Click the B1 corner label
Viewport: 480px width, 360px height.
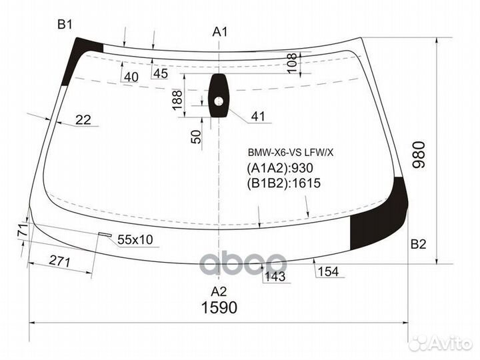pyautogui.click(x=64, y=25)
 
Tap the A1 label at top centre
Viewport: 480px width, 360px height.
pyautogui.click(x=220, y=31)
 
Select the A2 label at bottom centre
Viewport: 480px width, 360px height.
pyautogui.click(x=219, y=291)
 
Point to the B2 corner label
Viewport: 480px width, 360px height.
pyautogui.click(x=418, y=244)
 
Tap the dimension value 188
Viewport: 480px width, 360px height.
pyautogui.click(x=177, y=99)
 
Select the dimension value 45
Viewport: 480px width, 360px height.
pyautogui.click(x=160, y=74)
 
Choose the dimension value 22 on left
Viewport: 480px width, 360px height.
pyautogui.click(x=83, y=120)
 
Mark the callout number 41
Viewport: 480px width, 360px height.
pyautogui.click(x=258, y=117)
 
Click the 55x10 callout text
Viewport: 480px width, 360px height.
pyautogui.click(x=135, y=239)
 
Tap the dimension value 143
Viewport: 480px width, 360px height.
pyautogui.click(x=275, y=276)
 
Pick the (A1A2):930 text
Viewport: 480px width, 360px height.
pyautogui.click(x=280, y=168)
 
